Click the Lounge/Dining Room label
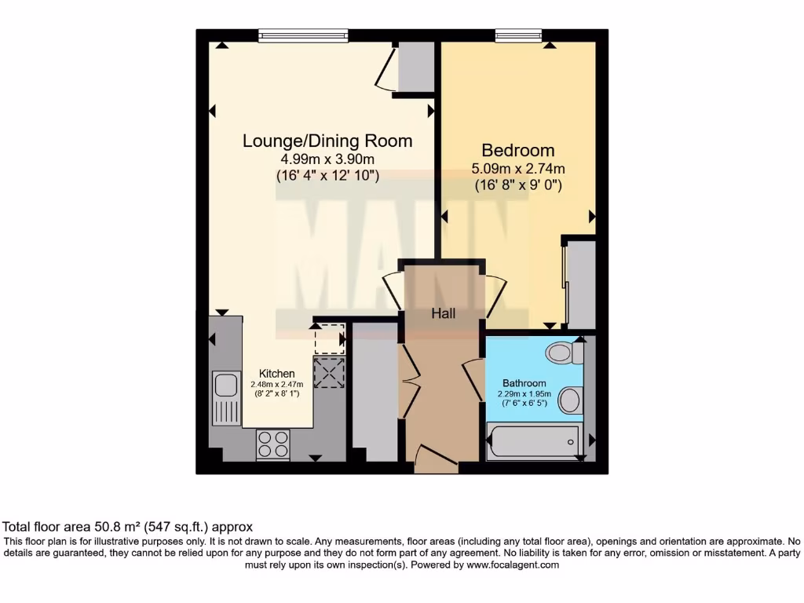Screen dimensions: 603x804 coord(327,141)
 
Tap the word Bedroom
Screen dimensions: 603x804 coord(518,150)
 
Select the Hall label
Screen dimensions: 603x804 coord(444,313)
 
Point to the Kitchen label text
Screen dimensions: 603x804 coord(277,374)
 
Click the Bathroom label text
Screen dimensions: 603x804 coord(524,383)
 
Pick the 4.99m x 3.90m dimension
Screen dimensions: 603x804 coord(327,159)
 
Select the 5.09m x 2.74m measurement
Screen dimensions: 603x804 coord(518,169)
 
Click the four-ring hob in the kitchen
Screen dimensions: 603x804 coord(272,444)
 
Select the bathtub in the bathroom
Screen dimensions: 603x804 coord(533,442)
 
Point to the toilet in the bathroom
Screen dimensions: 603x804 coord(565,353)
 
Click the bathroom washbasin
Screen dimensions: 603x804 coord(570,401)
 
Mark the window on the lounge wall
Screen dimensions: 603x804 coord(303,35)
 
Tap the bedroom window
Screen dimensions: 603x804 coord(518,35)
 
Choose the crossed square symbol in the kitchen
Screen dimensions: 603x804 coord(329,371)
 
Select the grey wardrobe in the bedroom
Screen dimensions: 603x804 coord(581,284)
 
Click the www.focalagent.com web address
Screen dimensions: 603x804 coord(513,565)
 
